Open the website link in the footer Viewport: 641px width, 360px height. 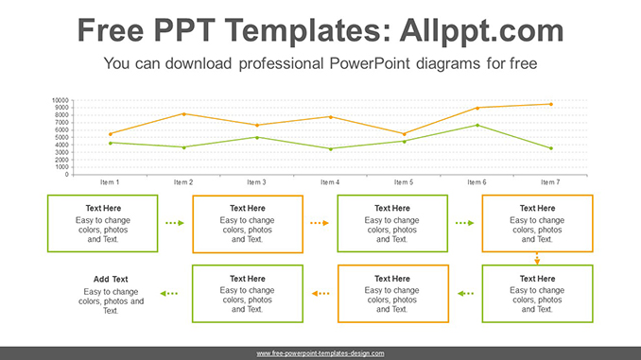point(320,353)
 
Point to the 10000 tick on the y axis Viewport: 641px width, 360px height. point(60,100)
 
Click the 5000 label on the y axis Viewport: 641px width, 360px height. point(61,137)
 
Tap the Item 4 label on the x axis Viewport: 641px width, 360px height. point(329,181)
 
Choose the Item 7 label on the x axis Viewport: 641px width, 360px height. point(550,181)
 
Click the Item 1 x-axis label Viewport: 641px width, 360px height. point(110,181)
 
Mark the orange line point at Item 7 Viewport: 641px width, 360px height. point(550,104)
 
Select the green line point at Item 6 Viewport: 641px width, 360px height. point(477,125)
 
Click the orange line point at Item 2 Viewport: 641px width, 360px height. point(183,114)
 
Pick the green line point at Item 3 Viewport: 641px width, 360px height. point(257,137)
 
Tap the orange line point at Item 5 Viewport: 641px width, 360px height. point(404,133)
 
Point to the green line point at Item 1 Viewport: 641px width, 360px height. point(110,143)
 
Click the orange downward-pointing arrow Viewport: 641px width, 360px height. point(537,258)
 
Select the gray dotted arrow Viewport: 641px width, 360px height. point(465,294)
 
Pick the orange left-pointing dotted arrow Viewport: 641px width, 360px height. point(320,294)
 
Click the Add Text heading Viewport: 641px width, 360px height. point(111,279)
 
